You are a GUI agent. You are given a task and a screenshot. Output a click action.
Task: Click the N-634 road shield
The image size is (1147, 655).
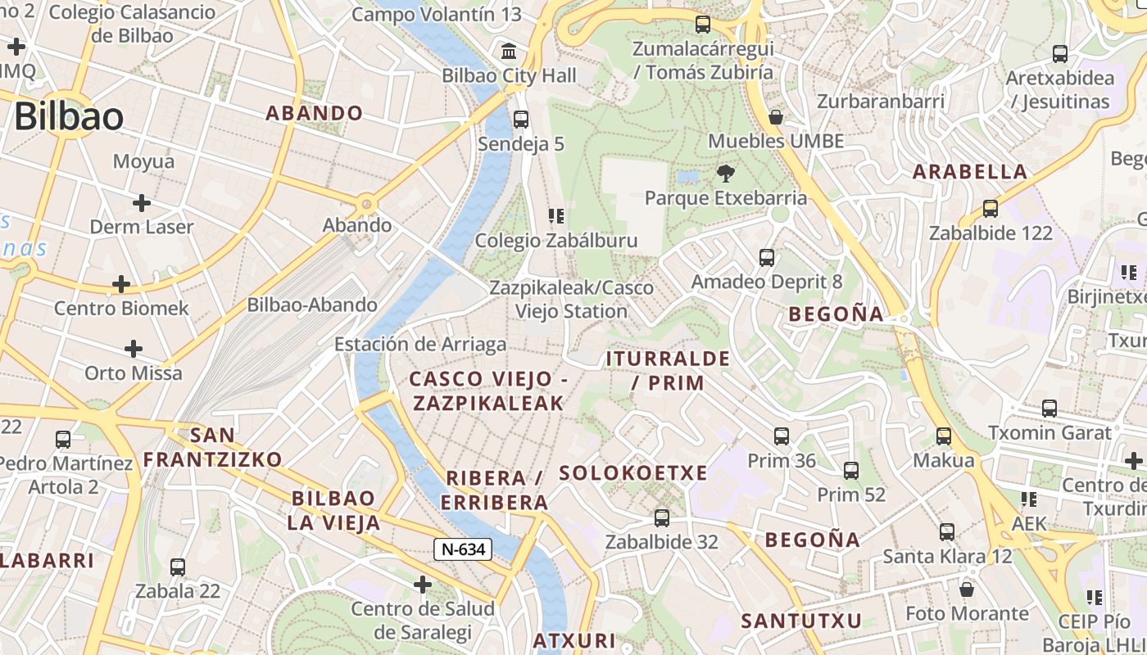[x=463, y=549]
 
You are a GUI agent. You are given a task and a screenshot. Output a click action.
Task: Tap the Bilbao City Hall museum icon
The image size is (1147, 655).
[x=509, y=52]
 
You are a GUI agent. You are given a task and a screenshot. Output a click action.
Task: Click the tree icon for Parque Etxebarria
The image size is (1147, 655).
[x=725, y=174]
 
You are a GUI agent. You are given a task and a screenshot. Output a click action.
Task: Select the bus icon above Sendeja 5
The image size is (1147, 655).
[x=521, y=120]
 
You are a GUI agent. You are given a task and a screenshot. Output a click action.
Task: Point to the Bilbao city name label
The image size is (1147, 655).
[x=69, y=116]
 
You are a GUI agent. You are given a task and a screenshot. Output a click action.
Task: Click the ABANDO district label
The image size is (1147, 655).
[x=315, y=113]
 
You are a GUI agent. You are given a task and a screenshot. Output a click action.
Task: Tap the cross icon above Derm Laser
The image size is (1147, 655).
[x=142, y=202]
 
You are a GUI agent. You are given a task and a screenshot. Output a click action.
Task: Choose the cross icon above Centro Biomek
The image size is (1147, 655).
[x=121, y=284]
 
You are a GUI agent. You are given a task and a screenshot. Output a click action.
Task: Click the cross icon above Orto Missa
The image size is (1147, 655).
[x=134, y=349]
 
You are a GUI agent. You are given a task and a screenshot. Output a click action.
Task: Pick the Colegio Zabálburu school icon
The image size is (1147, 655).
[x=556, y=216]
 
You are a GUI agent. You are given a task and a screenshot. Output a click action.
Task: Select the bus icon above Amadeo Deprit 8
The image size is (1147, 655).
[x=767, y=258]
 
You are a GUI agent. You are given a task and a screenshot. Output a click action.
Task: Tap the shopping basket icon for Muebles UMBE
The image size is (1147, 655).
[x=776, y=117]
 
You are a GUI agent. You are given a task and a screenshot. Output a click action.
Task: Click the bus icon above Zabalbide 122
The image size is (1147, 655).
[x=991, y=209]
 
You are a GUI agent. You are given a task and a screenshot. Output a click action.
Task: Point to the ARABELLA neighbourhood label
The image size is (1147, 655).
[x=970, y=172]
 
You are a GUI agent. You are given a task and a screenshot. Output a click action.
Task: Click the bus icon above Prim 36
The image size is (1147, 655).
[x=782, y=436]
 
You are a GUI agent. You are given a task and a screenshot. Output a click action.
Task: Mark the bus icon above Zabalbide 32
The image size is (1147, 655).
[x=662, y=518]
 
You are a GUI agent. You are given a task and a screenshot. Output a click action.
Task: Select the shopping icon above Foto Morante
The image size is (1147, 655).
[x=967, y=589]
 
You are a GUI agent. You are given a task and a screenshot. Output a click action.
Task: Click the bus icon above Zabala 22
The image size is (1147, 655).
[x=178, y=567]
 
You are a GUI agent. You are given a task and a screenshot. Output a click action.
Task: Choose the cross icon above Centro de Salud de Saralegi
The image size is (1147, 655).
[x=423, y=585]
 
